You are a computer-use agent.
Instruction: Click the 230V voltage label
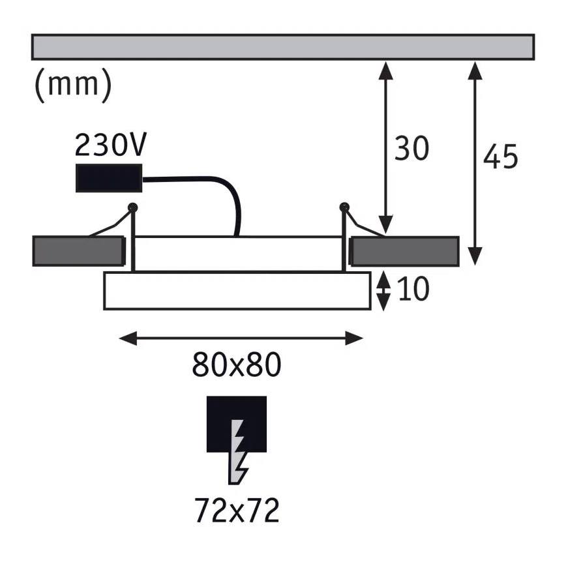(110, 145)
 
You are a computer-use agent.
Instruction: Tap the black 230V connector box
(109, 177)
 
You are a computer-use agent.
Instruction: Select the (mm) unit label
(72, 85)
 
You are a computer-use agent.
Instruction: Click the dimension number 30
(411, 149)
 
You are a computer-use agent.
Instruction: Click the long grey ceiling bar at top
(283, 46)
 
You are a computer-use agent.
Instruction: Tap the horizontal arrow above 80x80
(241, 338)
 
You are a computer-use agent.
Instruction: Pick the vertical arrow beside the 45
(475, 163)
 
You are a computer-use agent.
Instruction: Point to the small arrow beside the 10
(384, 290)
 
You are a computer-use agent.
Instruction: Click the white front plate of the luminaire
(237, 291)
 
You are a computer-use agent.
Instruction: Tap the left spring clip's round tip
(133, 207)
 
